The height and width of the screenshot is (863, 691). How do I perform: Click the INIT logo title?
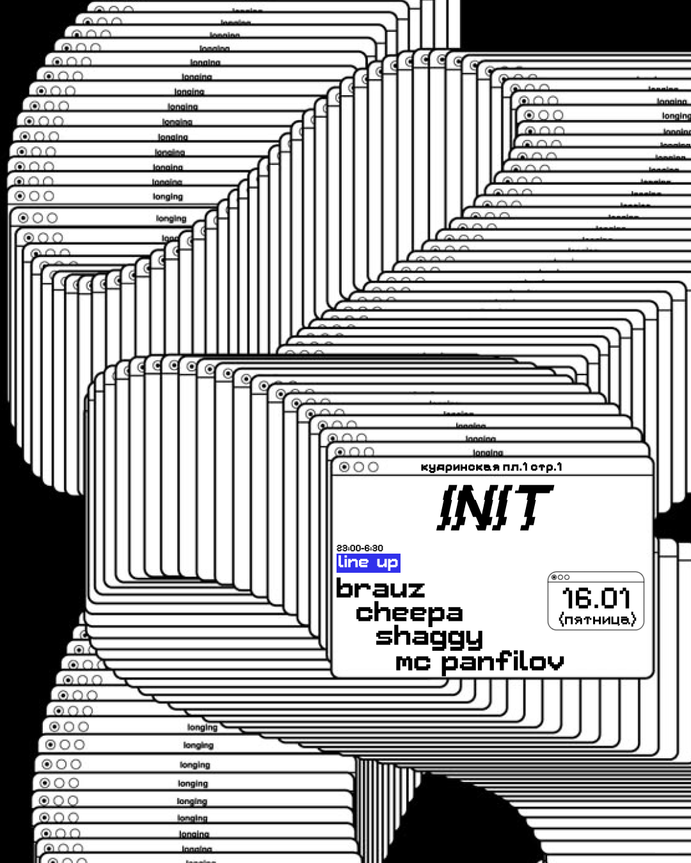[x=493, y=508]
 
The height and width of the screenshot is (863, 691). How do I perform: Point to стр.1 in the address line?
[x=546, y=467]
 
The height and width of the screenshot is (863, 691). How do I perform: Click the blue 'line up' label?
[x=369, y=563]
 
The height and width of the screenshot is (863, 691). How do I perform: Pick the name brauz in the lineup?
[x=381, y=589]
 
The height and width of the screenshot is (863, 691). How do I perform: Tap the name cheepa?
[x=409, y=613]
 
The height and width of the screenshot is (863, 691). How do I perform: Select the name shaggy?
[x=429, y=637]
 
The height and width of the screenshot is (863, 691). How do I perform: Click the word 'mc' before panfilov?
[x=413, y=663]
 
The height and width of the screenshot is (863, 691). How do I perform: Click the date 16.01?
[x=596, y=598]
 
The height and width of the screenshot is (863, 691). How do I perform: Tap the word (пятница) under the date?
[x=597, y=619]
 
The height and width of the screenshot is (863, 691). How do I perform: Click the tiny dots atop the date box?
[x=560, y=577]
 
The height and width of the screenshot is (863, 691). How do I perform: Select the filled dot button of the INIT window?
[x=344, y=467]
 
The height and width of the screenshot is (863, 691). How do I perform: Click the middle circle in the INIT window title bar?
[x=359, y=467]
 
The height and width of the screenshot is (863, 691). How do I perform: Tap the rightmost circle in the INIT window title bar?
[x=373, y=467]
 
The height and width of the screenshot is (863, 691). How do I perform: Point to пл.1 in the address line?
[x=515, y=467]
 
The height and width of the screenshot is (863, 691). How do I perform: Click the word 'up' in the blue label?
[x=387, y=563]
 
